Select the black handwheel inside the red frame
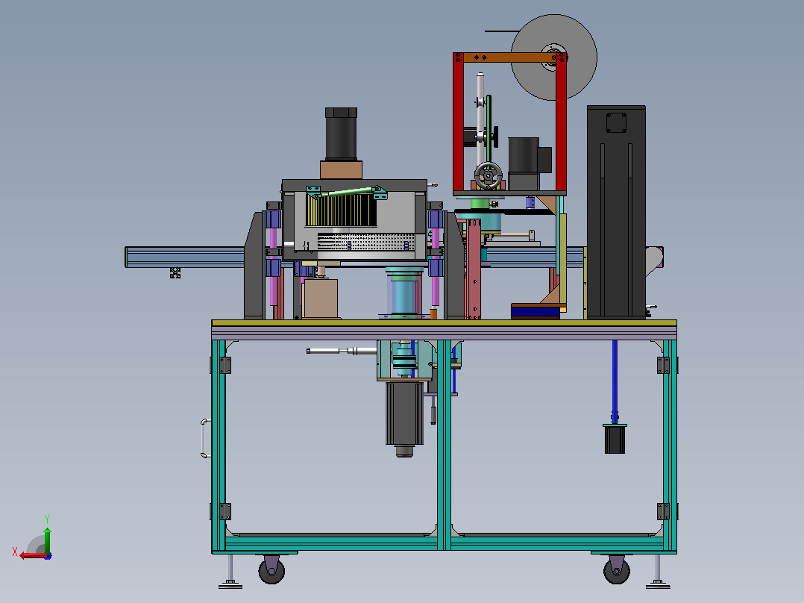click(488, 176)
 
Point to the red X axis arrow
click(33, 555)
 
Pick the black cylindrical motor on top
click(341, 134)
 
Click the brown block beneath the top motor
click(341, 170)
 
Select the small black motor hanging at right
click(615, 439)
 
